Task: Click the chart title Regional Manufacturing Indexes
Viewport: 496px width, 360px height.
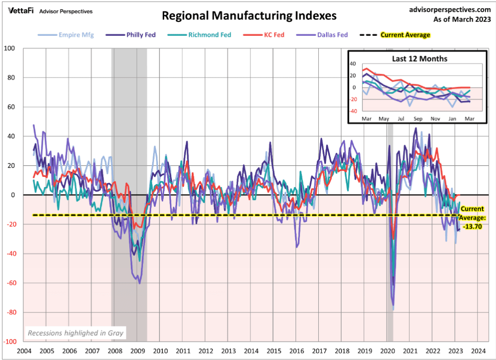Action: [x=249, y=16]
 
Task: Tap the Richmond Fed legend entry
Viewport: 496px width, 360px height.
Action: [x=210, y=35]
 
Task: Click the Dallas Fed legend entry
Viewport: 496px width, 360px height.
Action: [x=333, y=35]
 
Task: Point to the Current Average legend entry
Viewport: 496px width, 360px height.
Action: [x=405, y=35]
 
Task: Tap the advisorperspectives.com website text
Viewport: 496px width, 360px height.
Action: [x=450, y=9]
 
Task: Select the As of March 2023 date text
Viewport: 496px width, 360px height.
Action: [x=463, y=19]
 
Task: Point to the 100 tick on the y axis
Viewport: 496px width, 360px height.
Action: [x=9, y=48]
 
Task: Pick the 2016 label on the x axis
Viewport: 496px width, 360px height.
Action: [x=296, y=351]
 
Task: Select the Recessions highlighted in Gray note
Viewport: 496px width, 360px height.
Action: [x=75, y=333]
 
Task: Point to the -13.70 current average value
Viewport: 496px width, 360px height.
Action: [x=470, y=226]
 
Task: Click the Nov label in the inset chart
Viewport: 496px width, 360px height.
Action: [x=435, y=118]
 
